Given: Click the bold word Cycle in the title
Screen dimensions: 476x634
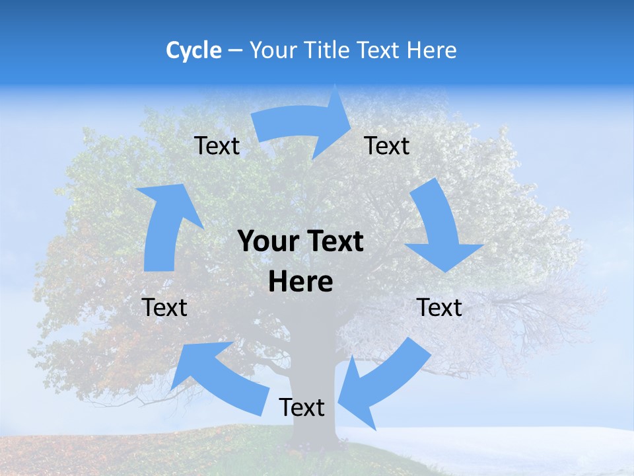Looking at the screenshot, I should pyautogui.click(x=194, y=50).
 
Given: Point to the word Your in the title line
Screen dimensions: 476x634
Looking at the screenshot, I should pyautogui.click(x=272, y=50).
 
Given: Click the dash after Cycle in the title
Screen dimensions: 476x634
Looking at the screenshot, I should pyautogui.click(x=235, y=51).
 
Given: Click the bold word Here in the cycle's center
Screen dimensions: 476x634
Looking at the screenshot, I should pyautogui.click(x=300, y=282).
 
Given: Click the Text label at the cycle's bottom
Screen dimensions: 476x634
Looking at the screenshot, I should pyautogui.click(x=302, y=408).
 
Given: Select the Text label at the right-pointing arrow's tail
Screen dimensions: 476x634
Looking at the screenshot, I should pyautogui.click(x=217, y=145).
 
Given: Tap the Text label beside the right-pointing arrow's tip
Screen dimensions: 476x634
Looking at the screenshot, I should pyautogui.click(x=387, y=145).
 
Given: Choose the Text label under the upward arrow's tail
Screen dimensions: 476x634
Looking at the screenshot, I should pyautogui.click(x=164, y=307).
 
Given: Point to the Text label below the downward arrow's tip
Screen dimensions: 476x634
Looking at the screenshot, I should pyautogui.click(x=440, y=307).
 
